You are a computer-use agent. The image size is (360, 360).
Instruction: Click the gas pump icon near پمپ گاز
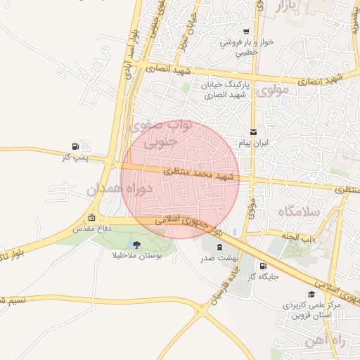point(75,146)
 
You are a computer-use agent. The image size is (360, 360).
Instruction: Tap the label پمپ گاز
point(77,157)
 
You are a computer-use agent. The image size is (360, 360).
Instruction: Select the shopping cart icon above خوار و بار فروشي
point(246,32)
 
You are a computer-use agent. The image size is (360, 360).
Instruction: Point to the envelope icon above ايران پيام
point(253,132)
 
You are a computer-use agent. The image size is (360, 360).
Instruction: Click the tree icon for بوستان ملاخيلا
point(136,245)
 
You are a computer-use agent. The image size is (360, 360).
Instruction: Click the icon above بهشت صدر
point(219,247)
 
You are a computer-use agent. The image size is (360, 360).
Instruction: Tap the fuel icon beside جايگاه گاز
point(263,266)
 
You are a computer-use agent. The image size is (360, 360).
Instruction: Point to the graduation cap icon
point(311,294)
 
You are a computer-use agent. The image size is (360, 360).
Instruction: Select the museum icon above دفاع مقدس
point(93,217)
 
